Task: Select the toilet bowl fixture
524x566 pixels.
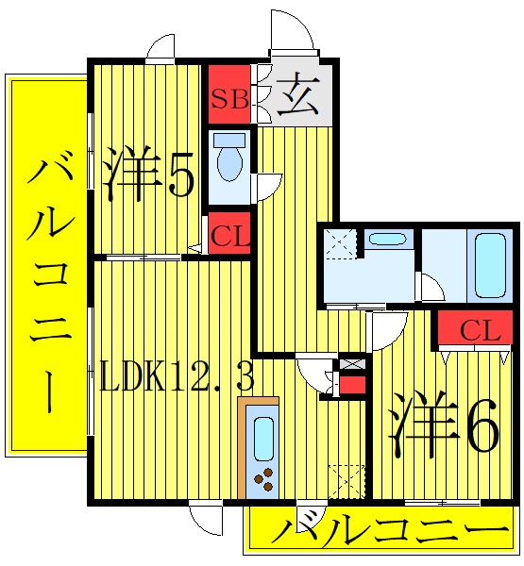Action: tap(228, 160)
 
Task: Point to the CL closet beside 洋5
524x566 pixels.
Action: tap(230, 236)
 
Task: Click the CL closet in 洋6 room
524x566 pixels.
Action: tap(478, 331)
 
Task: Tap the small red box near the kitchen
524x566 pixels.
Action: tap(352, 385)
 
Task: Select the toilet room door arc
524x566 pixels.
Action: tap(269, 185)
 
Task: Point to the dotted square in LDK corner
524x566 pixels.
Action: tap(347, 480)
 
